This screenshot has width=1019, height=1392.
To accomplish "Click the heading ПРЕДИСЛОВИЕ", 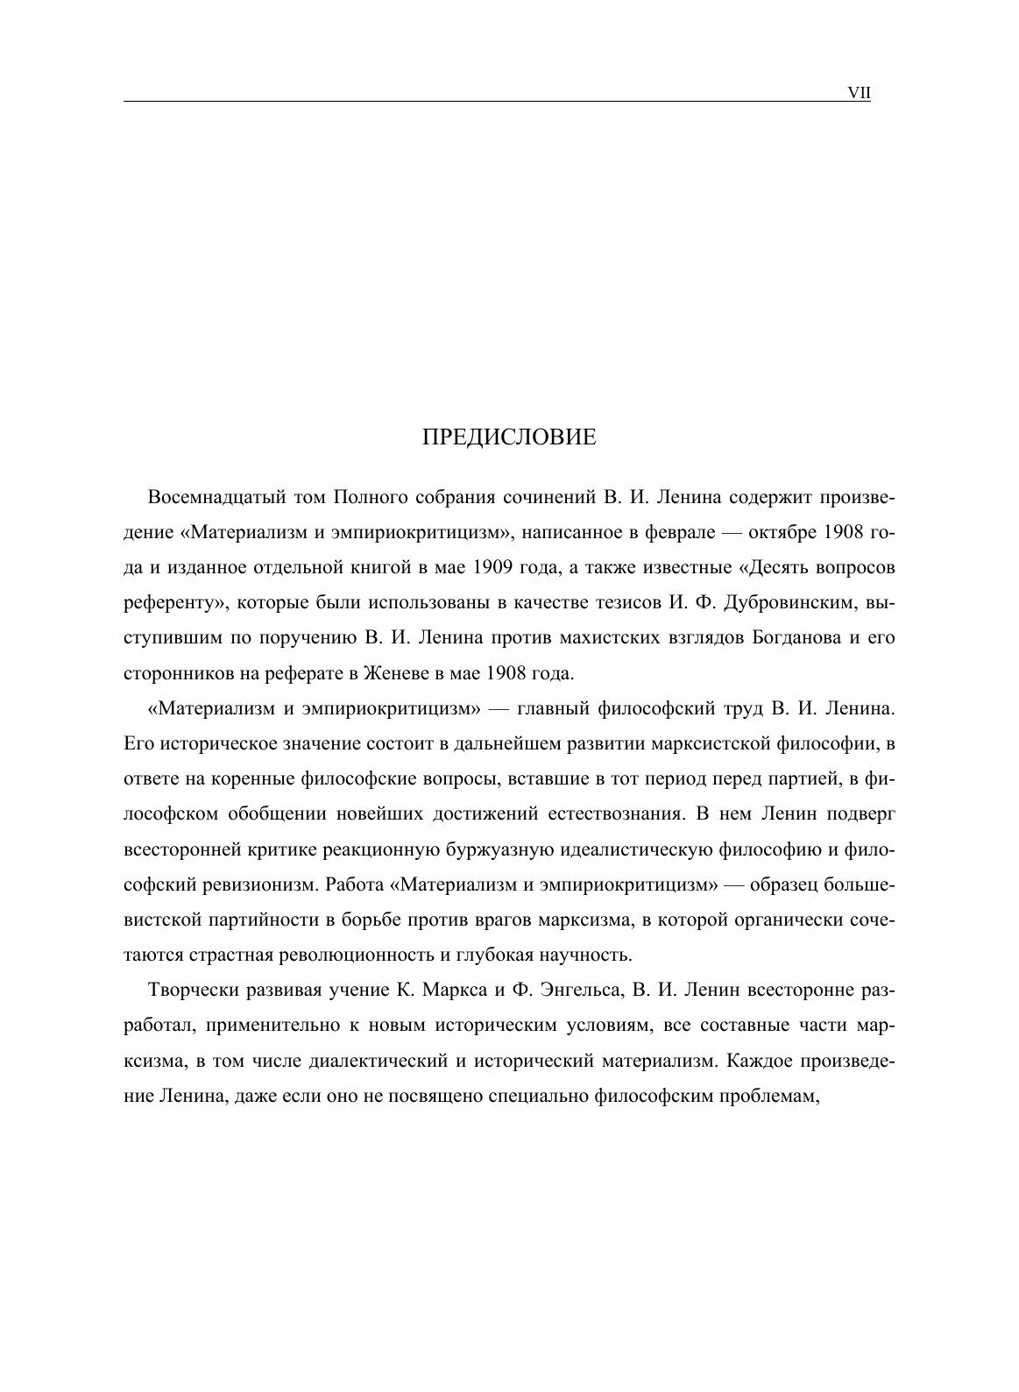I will coord(508,437).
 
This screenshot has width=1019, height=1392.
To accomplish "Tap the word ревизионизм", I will coord(258,884).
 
